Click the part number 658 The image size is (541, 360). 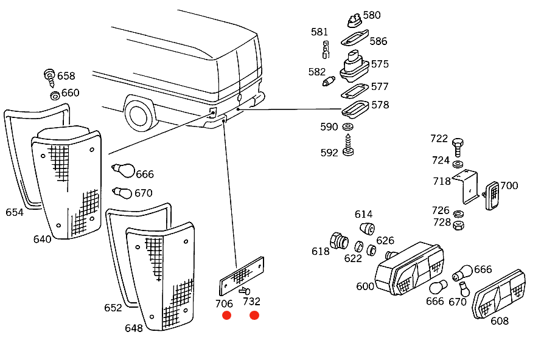(x=66, y=76)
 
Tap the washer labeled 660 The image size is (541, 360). (x=54, y=95)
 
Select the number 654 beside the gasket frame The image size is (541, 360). (x=15, y=212)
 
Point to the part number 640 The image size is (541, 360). (x=43, y=239)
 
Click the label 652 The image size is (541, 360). (x=113, y=308)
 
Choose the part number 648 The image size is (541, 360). (x=134, y=328)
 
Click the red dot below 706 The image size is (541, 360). (x=226, y=315)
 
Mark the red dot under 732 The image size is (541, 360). (x=254, y=315)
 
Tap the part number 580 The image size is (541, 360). (x=371, y=15)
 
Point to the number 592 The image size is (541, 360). (x=329, y=153)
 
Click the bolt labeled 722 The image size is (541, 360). (x=458, y=145)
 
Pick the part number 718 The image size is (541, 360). (x=442, y=181)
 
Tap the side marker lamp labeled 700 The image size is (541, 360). (x=493, y=195)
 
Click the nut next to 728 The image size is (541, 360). (x=459, y=224)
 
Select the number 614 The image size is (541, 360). (x=363, y=214)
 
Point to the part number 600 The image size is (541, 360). (x=365, y=286)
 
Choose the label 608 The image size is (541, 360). (x=499, y=320)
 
